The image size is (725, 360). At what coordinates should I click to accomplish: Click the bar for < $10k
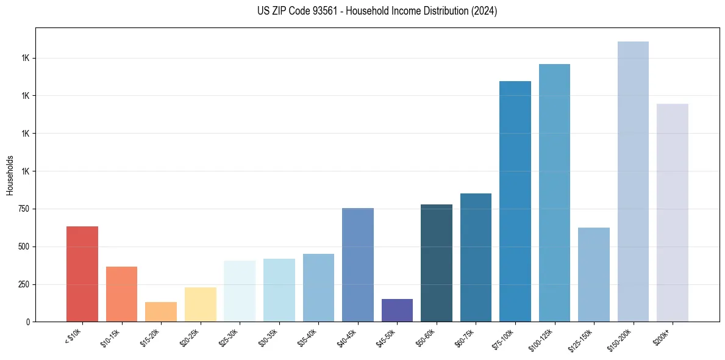click(x=82, y=274)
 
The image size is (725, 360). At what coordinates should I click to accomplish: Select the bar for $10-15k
click(x=121, y=294)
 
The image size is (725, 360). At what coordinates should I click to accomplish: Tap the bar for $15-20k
click(x=161, y=312)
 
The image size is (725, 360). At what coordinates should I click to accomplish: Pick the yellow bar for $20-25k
click(x=201, y=304)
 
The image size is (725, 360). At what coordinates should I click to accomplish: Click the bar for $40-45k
click(x=358, y=265)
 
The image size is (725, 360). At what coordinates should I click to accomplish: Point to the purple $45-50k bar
click(x=397, y=310)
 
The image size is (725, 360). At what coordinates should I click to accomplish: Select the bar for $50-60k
click(x=437, y=263)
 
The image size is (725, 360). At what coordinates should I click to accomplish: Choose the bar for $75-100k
click(x=515, y=201)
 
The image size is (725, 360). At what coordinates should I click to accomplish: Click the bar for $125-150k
click(x=594, y=275)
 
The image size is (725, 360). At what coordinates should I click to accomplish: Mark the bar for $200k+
click(x=673, y=213)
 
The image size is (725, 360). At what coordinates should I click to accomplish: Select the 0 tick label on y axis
click(x=27, y=322)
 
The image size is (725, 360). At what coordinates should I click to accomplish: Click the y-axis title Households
click(x=10, y=175)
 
